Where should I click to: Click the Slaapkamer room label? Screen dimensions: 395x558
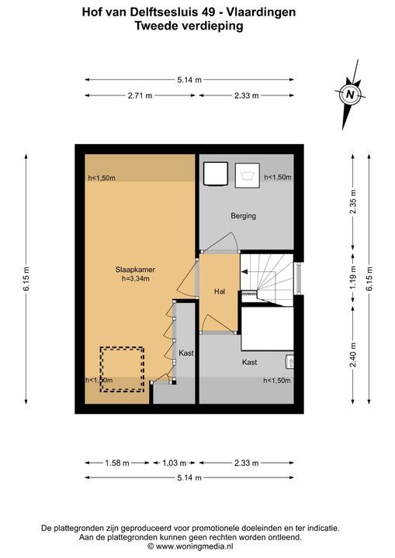click(135, 270)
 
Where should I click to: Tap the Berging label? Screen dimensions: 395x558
click(243, 215)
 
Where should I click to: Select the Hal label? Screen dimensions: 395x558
click(220, 291)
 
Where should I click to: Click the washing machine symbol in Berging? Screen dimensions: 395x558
click(247, 174)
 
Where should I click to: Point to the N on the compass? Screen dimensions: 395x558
click(351, 95)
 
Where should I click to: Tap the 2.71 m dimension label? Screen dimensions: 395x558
click(140, 95)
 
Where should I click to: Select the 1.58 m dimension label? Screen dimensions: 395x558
click(117, 463)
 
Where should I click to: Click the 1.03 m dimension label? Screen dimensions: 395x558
click(175, 463)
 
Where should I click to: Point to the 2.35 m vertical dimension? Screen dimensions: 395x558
click(353, 201)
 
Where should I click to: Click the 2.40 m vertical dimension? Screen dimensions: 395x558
click(353, 355)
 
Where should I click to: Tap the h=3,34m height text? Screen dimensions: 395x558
click(136, 279)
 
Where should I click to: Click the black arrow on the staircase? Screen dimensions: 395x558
click(245, 272)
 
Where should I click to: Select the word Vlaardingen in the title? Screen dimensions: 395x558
click(262, 12)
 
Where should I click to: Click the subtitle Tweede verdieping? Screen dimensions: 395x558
click(189, 26)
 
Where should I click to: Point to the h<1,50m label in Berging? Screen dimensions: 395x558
click(278, 177)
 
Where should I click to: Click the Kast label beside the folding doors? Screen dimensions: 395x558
click(186, 353)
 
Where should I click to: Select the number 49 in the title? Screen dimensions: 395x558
click(207, 12)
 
